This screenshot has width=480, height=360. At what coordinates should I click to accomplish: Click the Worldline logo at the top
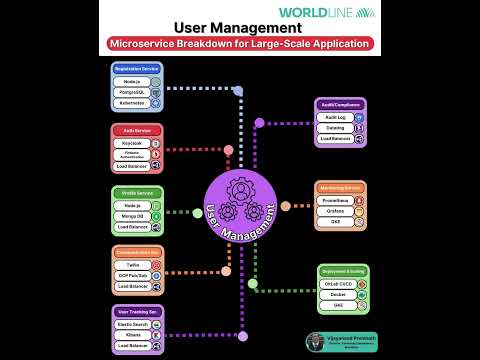pos(340,13)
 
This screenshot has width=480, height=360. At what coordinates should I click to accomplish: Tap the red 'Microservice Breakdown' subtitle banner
pos(239,43)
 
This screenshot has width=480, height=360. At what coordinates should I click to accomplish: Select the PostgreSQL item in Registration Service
pos(133,92)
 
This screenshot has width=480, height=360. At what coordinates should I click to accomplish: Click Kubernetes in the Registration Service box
pos(133,104)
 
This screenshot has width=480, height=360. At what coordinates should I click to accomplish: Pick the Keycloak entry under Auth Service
pos(133,143)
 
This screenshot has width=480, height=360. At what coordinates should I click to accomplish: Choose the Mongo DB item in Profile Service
pos(133,215)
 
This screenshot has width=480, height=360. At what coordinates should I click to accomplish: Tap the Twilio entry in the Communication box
pos(133,264)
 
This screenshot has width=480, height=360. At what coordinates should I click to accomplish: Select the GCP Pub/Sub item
pos(133,275)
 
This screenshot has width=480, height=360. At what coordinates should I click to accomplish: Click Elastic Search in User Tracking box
pos(133,325)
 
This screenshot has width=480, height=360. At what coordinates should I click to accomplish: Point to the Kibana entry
pos(133,336)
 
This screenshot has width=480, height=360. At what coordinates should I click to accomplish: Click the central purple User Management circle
pos(239,209)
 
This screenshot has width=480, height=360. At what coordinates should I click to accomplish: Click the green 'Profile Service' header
pos(137,192)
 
